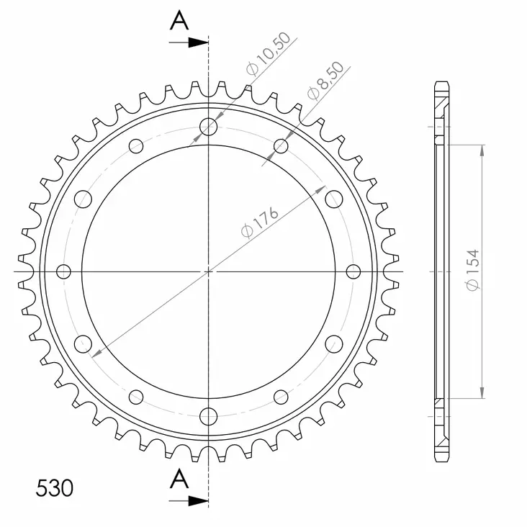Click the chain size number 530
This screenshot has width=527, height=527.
(54, 489)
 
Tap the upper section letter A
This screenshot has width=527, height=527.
(179, 22)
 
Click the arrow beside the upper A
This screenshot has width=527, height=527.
(190, 42)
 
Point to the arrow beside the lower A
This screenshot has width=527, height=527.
(190, 499)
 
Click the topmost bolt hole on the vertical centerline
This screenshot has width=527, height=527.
(209, 127)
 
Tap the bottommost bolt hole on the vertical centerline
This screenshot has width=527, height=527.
(209, 415)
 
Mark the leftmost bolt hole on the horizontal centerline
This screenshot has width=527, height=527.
(64, 271)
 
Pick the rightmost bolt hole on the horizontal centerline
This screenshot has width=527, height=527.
(353, 271)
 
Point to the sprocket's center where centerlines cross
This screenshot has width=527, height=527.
(209, 271)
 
